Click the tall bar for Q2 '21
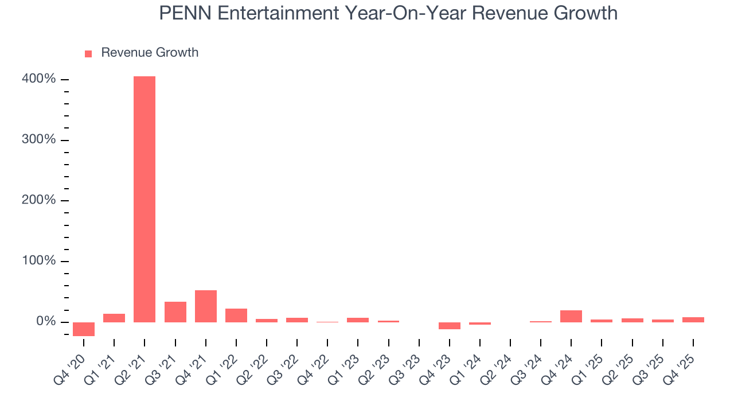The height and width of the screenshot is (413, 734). (x=145, y=199)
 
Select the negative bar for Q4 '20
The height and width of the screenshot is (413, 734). (x=84, y=329)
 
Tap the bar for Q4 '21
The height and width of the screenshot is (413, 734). (x=206, y=306)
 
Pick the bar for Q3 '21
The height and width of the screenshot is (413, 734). (x=175, y=312)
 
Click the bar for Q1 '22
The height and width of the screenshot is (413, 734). (x=236, y=315)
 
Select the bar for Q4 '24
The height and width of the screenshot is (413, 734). (x=571, y=316)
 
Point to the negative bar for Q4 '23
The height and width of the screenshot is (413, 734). (x=450, y=325)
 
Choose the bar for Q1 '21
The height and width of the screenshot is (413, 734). (x=114, y=318)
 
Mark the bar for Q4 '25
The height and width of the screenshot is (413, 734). (x=693, y=320)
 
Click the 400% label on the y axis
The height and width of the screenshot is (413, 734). (x=39, y=79)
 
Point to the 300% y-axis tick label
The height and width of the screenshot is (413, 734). (x=39, y=140)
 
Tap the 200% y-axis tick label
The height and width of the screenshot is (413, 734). (x=39, y=200)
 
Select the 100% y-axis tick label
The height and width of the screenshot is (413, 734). (x=39, y=261)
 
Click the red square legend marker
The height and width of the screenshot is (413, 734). (x=88, y=53)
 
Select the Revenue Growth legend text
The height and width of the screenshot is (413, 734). (x=150, y=53)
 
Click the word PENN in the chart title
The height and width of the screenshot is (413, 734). (x=181, y=13)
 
